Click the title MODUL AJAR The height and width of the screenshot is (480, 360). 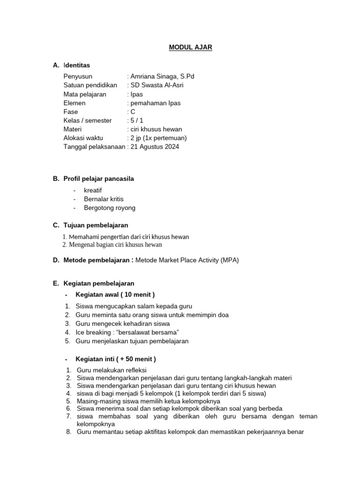tap(190, 47)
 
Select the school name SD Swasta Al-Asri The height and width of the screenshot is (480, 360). tap(157, 85)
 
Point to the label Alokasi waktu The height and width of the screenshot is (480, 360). tap(83, 138)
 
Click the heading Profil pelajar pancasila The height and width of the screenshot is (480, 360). tap(98, 179)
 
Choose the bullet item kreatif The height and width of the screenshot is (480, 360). tap(93, 190)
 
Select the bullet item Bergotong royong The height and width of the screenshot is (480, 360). tap(109, 208)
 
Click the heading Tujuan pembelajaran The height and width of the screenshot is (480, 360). tap(96, 225)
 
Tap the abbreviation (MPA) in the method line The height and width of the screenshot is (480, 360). tap(230, 260)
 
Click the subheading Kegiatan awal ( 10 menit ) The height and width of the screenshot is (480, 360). tap(115, 294)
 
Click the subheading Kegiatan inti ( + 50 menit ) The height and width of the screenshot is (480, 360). tap(115, 359)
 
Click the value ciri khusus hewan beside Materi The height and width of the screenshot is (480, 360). tap(156, 129)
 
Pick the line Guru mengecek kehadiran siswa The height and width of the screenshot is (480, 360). tap(122, 323)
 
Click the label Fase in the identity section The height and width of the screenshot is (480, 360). tap(70, 112)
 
